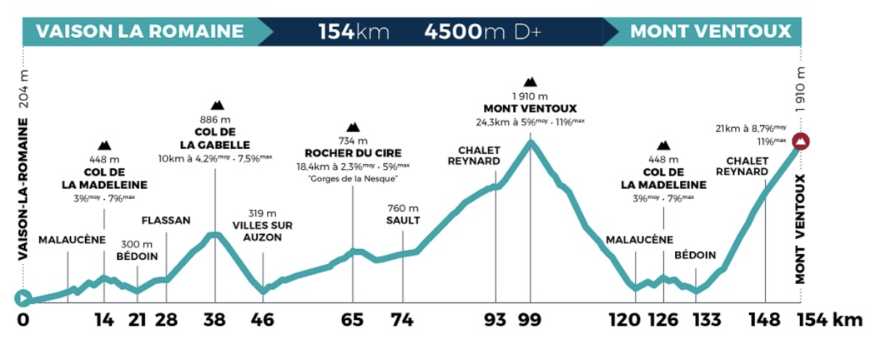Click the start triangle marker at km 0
point(23,298)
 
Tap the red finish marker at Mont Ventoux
point(801,141)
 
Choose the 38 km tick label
point(215,320)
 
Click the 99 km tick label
point(531,320)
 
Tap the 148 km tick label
point(765,320)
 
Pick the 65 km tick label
point(353,320)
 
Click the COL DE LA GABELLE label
point(216,138)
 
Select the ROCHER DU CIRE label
point(353,153)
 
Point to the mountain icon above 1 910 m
point(531,81)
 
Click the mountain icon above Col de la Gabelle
point(216,105)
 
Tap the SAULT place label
point(403,221)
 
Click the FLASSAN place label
point(166,220)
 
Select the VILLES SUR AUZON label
point(263,231)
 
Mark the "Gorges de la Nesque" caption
point(353,178)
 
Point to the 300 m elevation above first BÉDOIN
point(137,244)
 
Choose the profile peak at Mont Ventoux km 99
point(531,142)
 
